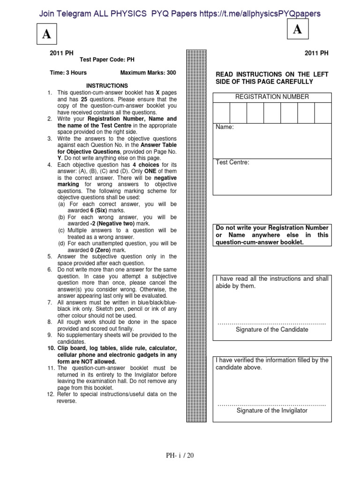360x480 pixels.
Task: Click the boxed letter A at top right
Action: (297, 30)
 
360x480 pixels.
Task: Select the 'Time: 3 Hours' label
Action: (68, 73)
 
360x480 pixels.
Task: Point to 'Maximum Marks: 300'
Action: (148, 73)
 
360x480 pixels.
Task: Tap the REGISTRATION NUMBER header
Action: (272, 97)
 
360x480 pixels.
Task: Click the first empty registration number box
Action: (222, 112)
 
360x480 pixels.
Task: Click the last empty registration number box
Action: (322, 112)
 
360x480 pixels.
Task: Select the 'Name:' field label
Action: (225, 127)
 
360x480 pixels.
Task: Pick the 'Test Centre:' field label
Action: (232, 163)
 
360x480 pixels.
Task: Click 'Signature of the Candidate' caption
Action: (272, 330)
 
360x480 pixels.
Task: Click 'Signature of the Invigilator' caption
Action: (272, 411)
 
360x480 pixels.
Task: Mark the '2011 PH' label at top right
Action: (316, 53)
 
